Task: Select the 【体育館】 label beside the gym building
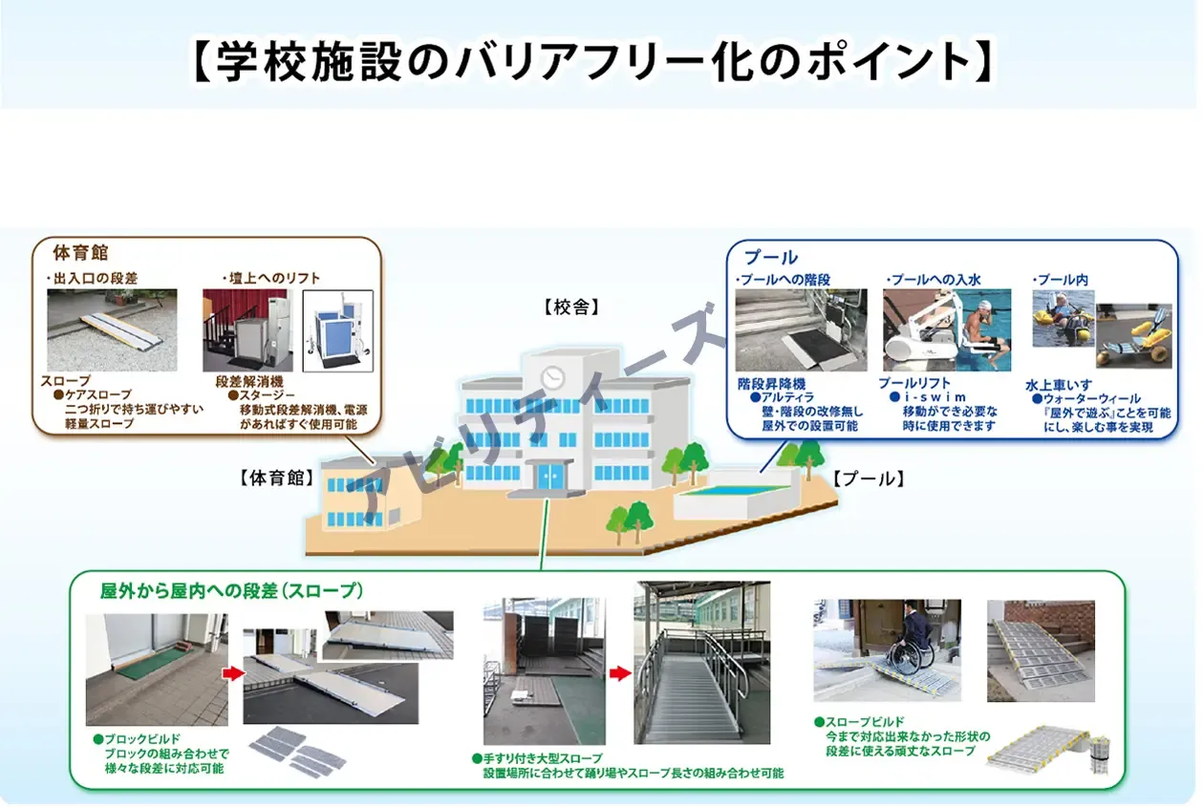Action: pos(277,478)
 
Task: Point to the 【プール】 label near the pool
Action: pos(868,478)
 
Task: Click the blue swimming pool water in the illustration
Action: pos(733,490)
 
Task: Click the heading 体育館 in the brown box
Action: pos(80,253)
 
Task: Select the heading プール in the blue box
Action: pos(770,257)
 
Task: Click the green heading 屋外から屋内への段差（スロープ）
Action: pos(231,591)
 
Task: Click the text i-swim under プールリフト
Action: pos(934,397)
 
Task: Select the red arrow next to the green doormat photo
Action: pos(233,673)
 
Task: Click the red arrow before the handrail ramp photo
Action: pos(620,673)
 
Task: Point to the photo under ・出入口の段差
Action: pos(112,330)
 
